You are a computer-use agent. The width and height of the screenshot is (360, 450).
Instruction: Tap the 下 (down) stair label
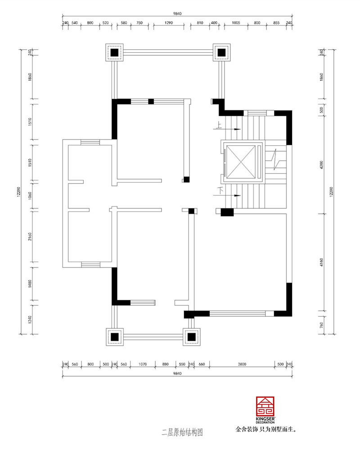point(220,191)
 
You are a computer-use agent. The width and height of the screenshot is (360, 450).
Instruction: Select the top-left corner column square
point(114,53)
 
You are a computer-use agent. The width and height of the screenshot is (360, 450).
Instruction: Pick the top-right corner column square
point(221,53)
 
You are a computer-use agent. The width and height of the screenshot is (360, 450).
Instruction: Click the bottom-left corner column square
point(114,336)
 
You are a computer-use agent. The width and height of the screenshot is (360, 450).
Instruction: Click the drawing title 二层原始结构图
point(182,433)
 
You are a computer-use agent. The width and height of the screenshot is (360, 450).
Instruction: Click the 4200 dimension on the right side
point(322,165)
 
